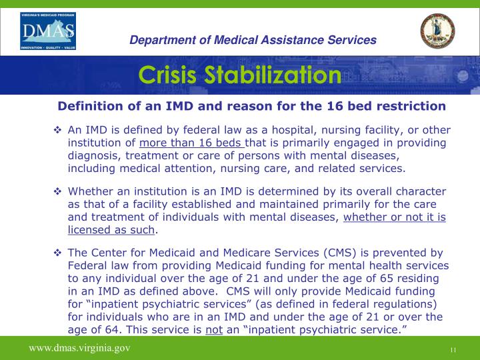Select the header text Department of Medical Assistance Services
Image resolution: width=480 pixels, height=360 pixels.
coord(253,40)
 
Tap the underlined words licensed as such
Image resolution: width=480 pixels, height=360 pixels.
coord(111,230)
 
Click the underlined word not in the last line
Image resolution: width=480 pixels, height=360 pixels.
coord(213,329)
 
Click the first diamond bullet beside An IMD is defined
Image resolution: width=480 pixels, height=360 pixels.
coord(57,130)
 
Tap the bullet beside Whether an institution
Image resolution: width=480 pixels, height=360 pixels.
coord(57,192)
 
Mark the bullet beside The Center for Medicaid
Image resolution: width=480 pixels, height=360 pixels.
coord(57,253)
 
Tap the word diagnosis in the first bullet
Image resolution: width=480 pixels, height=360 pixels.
coord(92,155)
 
